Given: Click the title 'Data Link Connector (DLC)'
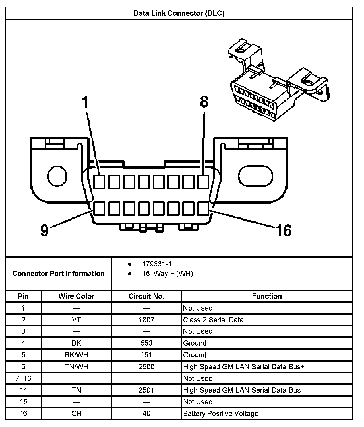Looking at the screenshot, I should pyautogui.click(x=179, y=13).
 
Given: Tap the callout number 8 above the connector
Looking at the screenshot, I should pyautogui.click(x=204, y=102).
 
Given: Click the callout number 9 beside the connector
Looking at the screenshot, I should pyautogui.click(x=44, y=230).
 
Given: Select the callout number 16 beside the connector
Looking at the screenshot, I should pyautogui.click(x=284, y=230).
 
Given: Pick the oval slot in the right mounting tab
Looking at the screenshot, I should pyautogui.click(x=255, y=176).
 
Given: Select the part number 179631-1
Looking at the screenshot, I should pyautogui.click(x=157, y=264).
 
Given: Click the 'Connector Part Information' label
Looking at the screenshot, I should pyautogui.click(x=58, y=274).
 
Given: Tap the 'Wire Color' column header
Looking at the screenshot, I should pyautogui.click(x=76, y=296).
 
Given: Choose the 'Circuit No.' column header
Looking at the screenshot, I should pyautogui.click(x=146, y=296).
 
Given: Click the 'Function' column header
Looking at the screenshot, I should pyautogui.click(x=266, y=296).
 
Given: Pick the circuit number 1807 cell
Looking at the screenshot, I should pyautogui.click(x=146, y=320).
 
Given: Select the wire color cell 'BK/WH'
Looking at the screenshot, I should pyautogui.click(x=76, y=355).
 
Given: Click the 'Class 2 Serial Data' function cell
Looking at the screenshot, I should pyautogui.click(x=213, y=320).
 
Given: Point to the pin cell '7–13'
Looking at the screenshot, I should pyautogui.click(x=23, y=378).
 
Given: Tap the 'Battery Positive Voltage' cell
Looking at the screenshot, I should pyautogui.click(x=221, y=414).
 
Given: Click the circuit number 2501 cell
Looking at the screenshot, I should pyautogui.click(x=146, y=390).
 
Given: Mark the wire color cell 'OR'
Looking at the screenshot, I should pyautogui.click(x=76, y=414).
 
